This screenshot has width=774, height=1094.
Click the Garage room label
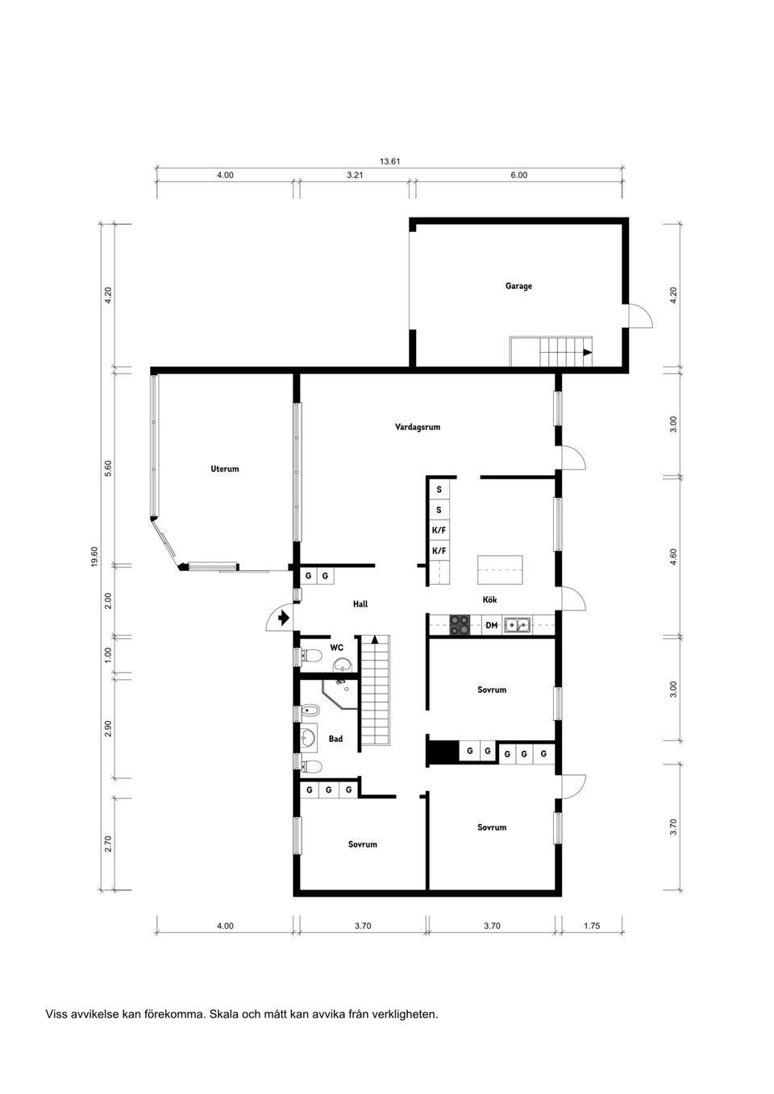click(518, 286)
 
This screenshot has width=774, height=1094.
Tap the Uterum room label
click(225, 469)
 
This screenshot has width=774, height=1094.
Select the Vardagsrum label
click(418, 427)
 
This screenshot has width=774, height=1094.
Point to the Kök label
click(489, 599)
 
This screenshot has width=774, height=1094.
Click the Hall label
click(360, 603)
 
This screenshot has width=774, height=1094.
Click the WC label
click(336, 647)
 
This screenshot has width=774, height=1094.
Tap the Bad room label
click(335, 739)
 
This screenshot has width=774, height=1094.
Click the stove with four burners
click(460, 625)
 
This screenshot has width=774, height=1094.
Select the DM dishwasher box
click(492, 625)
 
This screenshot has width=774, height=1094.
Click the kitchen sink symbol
click(518, 624)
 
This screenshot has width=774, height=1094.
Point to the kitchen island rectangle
click(500, 570)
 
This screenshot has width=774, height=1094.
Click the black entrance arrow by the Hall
click(283, 619)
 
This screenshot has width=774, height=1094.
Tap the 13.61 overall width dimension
click(390, 161)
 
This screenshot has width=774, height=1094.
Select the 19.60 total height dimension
click(94, 557)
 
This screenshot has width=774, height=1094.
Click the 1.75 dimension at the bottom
click(592, 926)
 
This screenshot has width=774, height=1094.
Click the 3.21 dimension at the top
click(355, 175)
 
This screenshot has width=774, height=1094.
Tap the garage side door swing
click(640, 316)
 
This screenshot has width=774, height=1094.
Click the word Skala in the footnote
click(223, 1014)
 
